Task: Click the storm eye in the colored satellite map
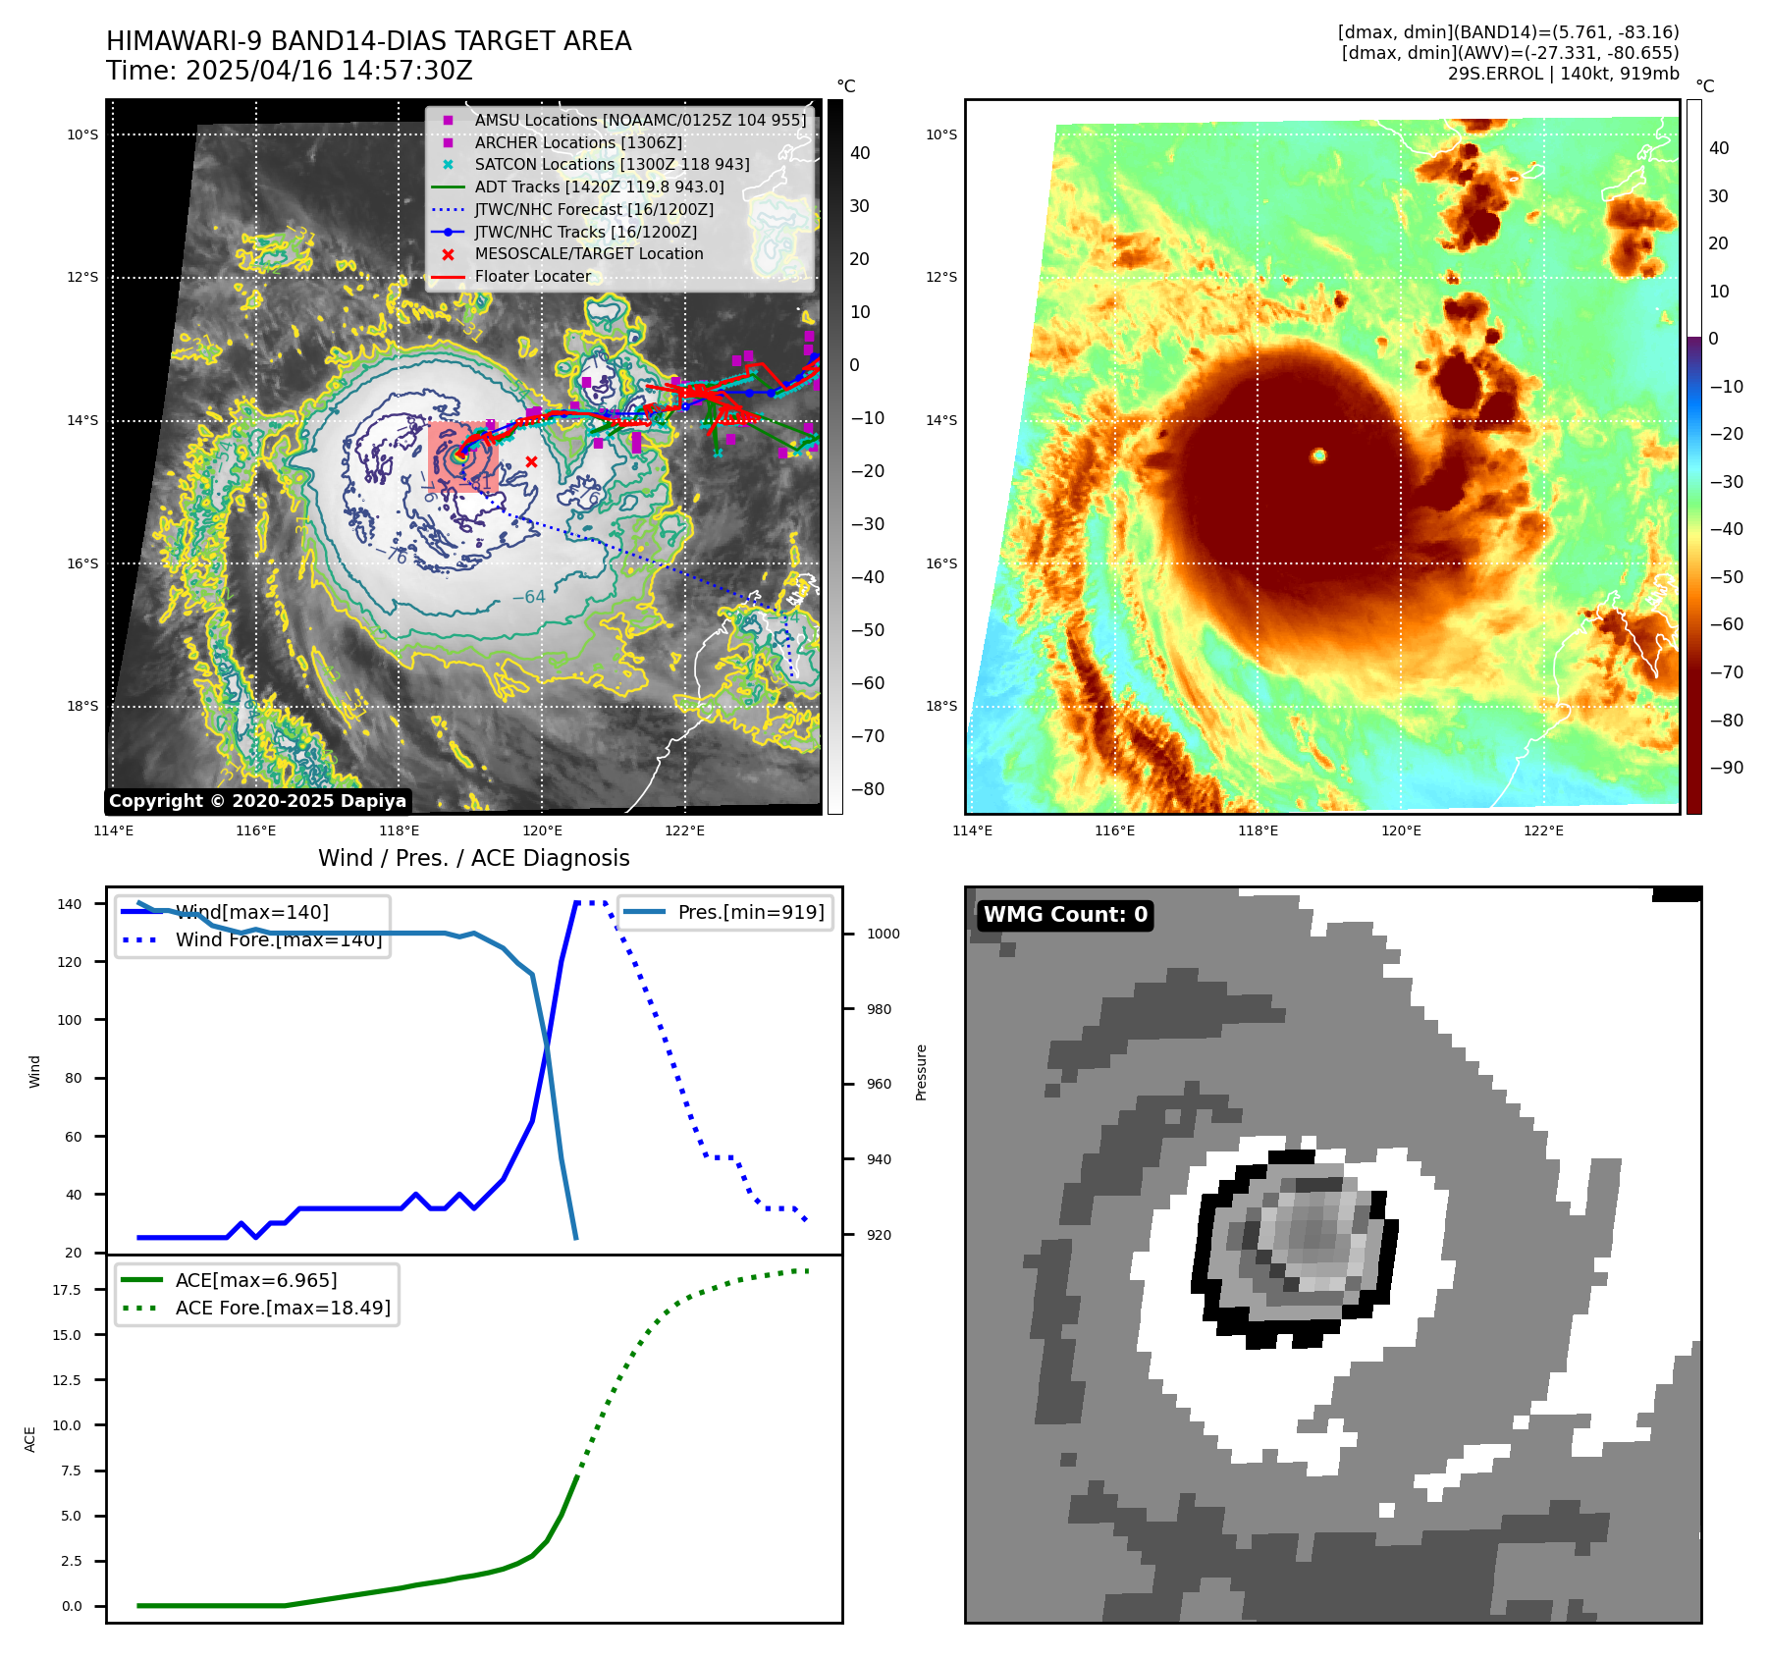(x=1318, y=455)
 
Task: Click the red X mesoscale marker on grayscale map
(x=531, y=461)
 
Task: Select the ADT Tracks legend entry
(x=599, y=187)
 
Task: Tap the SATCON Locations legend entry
(x=612, y=164)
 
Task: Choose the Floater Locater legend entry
(x=533, y=276)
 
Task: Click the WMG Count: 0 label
(x=1065, y=915)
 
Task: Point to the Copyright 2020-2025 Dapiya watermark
(x=257, y=801)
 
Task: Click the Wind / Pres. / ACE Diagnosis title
(x=473, y=858)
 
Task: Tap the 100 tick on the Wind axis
(x=70, y=1020)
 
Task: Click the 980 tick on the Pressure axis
(x=879, y=1009)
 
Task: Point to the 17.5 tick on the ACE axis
(x=67, y=1290)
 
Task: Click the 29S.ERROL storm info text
(x=1563, y=74)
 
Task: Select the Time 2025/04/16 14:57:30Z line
(x=290, y=71)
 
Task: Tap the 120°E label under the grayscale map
(x=542, y=830)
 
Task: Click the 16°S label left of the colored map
(x=941, y=563)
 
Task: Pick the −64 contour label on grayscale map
(x=528, y=597)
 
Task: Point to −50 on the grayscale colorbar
(x=868, y=630)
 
